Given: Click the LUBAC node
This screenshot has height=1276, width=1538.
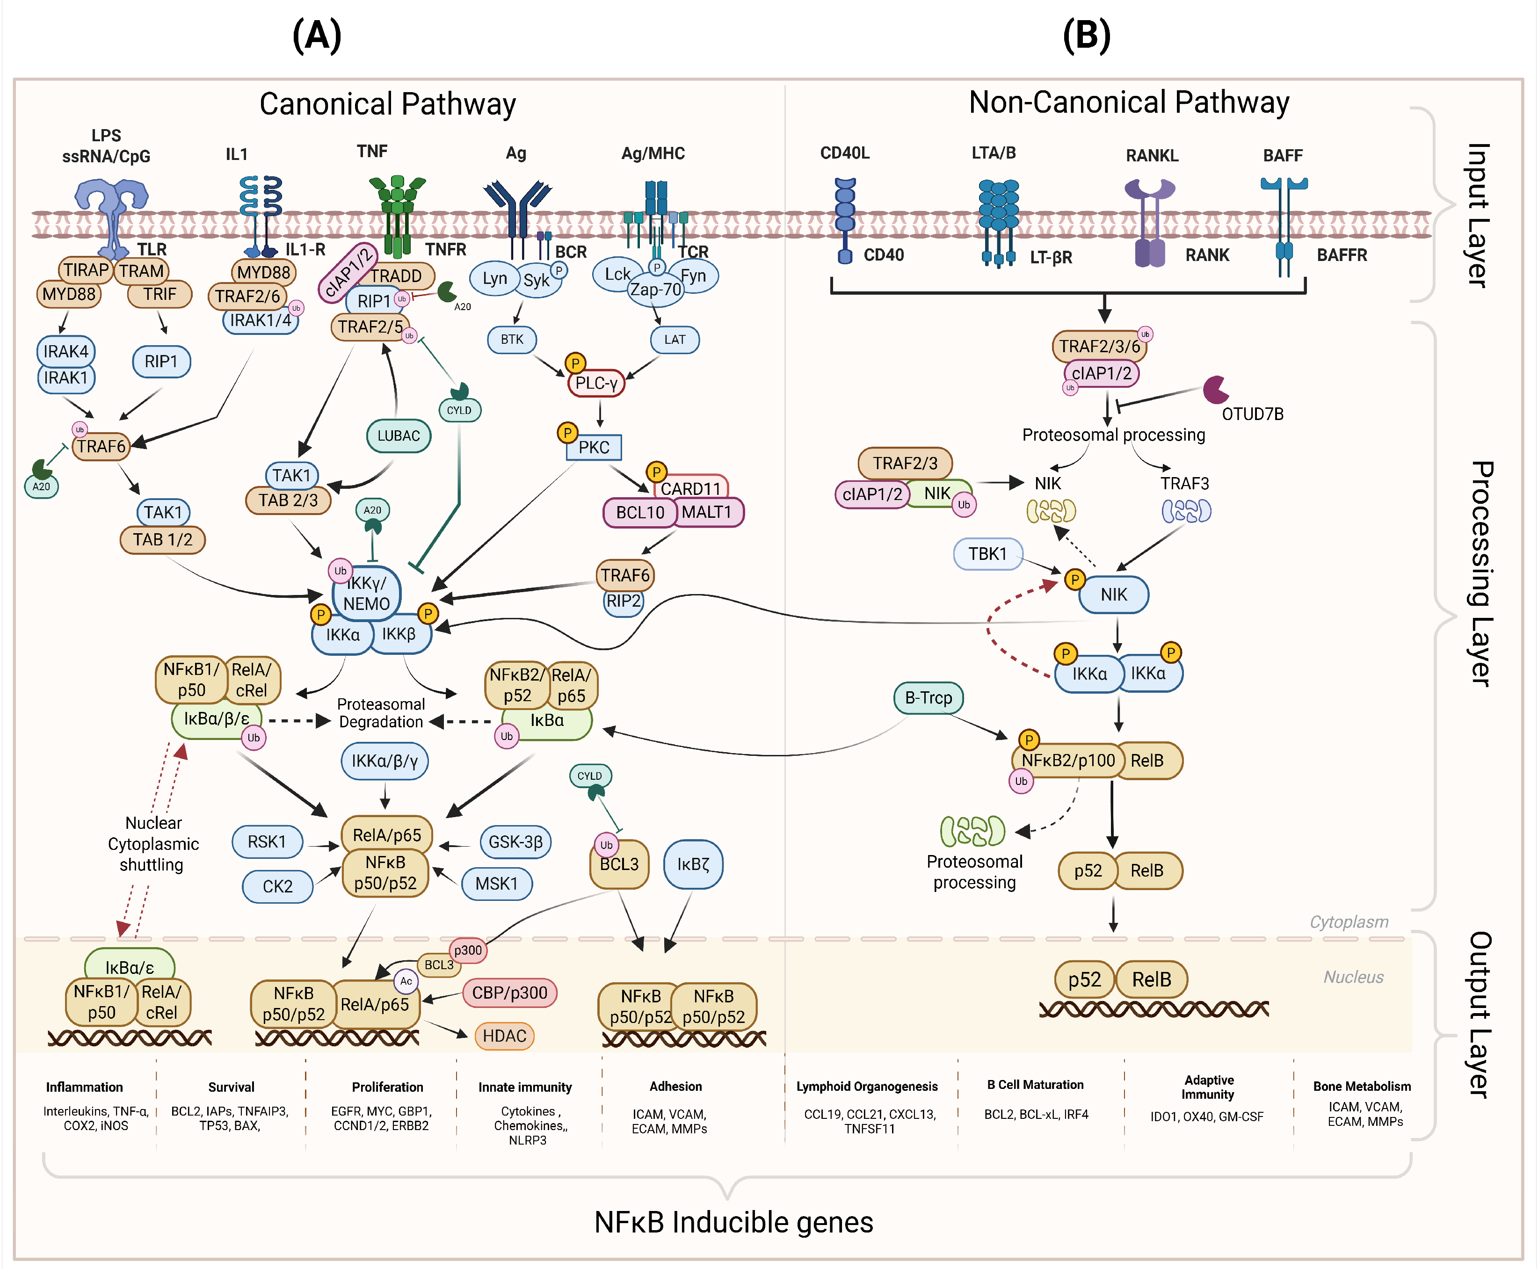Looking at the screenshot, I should tap(399, 436).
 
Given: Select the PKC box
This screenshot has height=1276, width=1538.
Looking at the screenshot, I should tap(594, 447).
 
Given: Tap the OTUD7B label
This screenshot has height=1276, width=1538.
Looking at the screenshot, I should tap(1252, 414).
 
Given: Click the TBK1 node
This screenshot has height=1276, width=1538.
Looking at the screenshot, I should tap(987, 554).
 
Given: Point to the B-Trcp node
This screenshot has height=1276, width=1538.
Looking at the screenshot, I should tap(928, 697).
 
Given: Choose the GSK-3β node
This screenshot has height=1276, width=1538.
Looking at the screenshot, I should tap(515, 841).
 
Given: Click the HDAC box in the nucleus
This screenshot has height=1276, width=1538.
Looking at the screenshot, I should tap(505, 1036).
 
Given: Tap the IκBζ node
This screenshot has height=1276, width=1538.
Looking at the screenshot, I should tap(693, 864).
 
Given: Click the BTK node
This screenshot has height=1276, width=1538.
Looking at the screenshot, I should tap(512, 339).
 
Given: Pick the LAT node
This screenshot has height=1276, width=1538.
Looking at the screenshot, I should tap(675, 339).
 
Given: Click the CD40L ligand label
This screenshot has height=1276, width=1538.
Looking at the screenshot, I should tap(844, 153).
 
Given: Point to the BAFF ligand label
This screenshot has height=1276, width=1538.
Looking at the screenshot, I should tap(1283, 155).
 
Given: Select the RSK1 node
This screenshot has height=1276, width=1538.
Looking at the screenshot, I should tap(267, 841).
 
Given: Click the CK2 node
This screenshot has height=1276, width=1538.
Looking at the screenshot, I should tap(277, 886).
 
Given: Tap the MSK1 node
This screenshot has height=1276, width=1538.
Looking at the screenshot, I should tap(497, 884).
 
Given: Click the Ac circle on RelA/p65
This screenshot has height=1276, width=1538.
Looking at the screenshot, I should tap(406, 981).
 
